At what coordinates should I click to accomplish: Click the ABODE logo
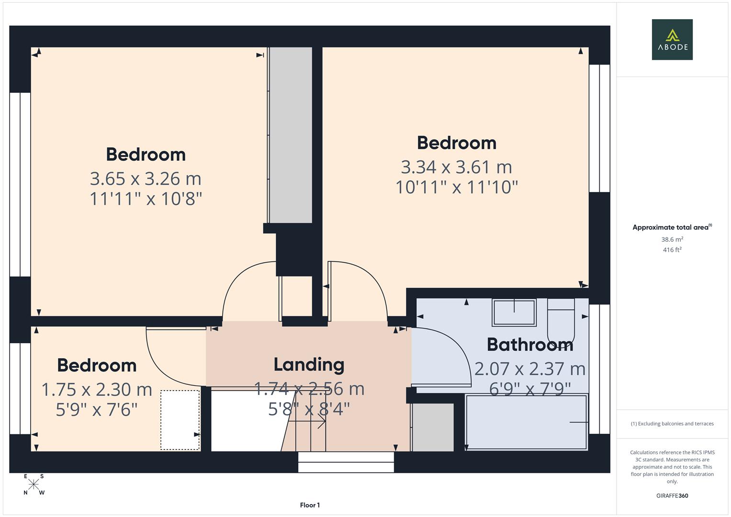coord(672,40)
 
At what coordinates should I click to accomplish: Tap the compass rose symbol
coord(34,484)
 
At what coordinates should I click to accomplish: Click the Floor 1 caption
coord(310,505)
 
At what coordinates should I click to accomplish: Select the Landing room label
coord(309,365)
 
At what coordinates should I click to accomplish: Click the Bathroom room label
coord(529,345)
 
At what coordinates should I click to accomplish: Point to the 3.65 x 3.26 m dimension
coord(146,179)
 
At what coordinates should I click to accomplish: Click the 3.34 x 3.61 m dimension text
coord(456,167)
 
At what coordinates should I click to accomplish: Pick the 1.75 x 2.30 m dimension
coord(97,390)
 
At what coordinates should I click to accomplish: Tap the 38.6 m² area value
coord(672,239)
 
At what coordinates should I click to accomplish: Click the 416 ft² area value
coord(672,250)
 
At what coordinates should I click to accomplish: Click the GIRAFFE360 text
coord(672,496)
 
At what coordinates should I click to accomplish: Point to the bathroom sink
coord(514,313)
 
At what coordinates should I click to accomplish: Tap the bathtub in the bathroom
coord(526,422)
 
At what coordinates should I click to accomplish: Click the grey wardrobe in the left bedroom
coord(290,135)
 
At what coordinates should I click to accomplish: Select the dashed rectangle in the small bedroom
coord(180,420)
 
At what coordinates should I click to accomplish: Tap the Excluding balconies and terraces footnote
coord(672,424)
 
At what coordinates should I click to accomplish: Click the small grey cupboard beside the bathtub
coord(433,427)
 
